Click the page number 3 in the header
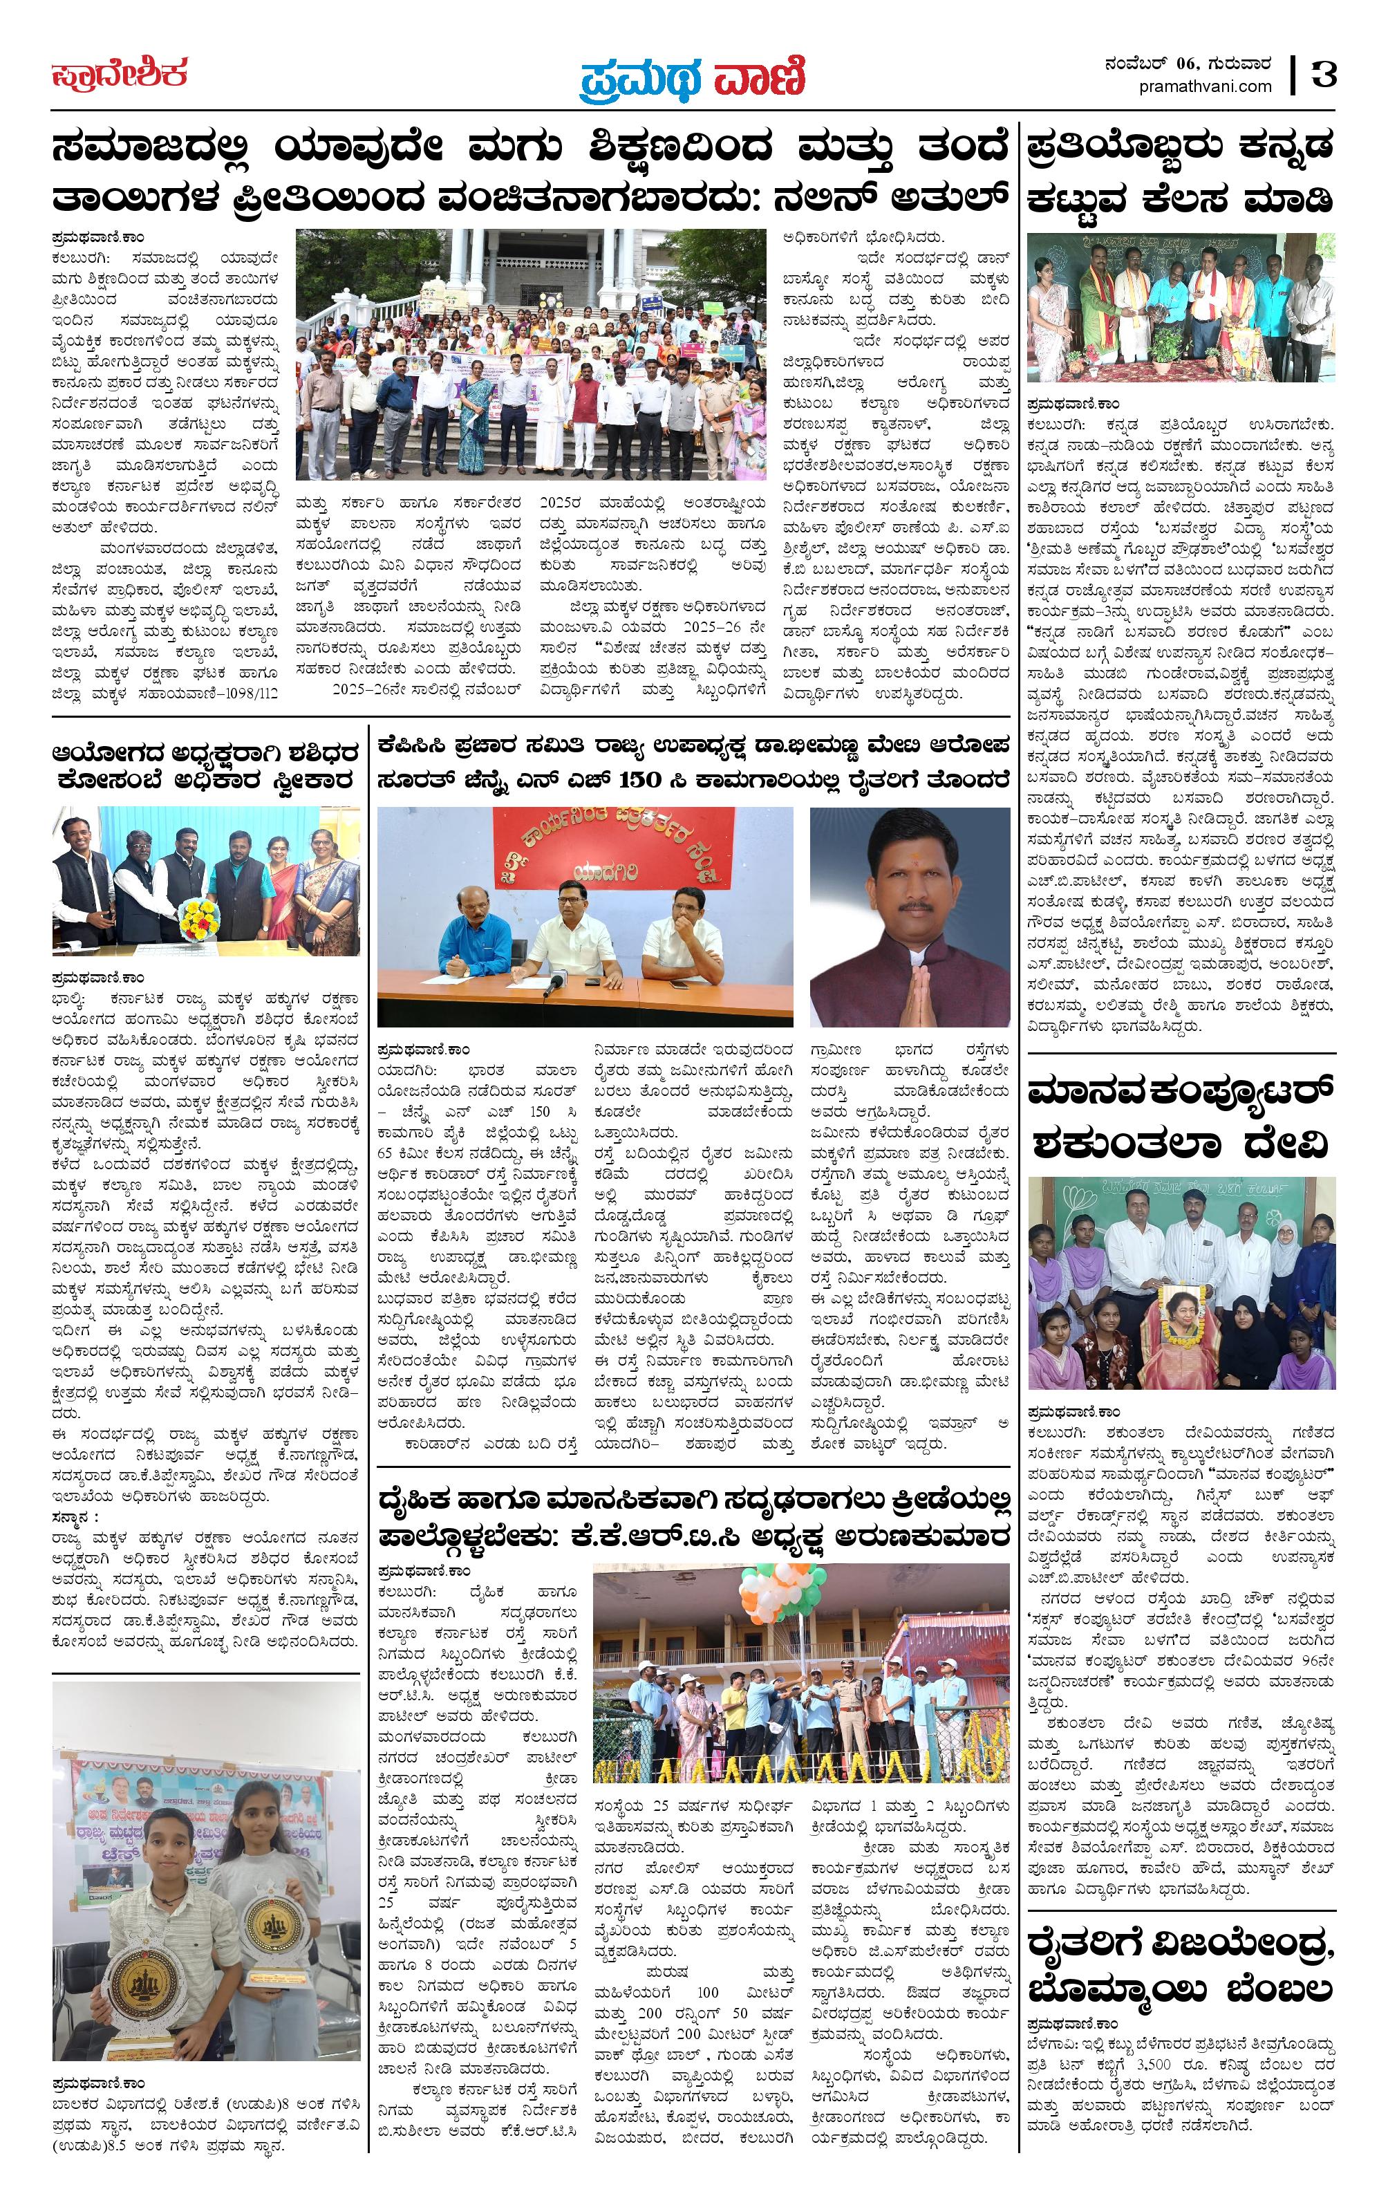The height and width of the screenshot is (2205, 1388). tap(1324, 74)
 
